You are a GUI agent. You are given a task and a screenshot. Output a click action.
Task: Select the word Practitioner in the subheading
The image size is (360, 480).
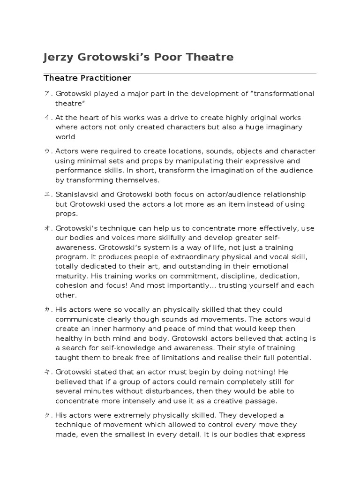click(x=106, y=78)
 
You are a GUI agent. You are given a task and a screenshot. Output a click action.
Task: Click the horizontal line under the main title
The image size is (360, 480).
click(x=180, y=74)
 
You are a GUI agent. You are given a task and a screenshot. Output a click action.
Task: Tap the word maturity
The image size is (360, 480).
click(x=71, y=276)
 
